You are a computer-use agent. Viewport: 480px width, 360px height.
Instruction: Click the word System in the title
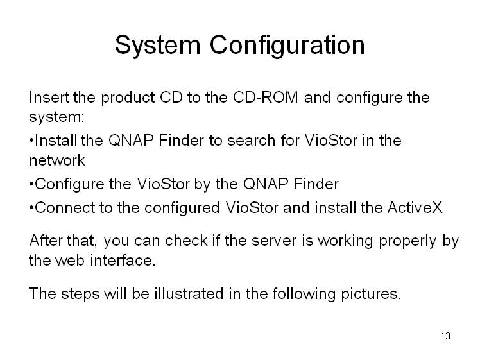(x=158, y=45)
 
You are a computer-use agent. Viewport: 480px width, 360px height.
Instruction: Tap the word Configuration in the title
(x=287, y=45)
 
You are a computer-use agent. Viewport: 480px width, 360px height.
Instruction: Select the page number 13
(x=445, y=336)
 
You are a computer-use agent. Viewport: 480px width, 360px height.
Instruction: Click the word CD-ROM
(x=266, y=98)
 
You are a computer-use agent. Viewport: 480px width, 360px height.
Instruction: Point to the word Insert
(x=49, y=98)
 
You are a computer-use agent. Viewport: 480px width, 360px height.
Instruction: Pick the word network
(x=57, y=160)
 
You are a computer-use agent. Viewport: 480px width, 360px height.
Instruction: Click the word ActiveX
(x=415, y=207)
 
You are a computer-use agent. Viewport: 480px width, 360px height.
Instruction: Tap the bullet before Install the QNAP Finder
(x=31, y=141)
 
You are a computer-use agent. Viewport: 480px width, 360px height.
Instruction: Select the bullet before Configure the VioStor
(x=31, y=184)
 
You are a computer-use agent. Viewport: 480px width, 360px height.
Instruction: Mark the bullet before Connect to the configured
(x=31, y=207)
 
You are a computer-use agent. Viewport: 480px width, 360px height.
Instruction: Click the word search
(x=252, y=141)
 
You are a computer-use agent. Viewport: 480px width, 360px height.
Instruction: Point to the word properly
(x=407, y=241)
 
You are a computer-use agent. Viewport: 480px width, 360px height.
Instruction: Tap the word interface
(x=123, y=261)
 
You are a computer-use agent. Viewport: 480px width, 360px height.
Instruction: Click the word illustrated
(x=189, y=293)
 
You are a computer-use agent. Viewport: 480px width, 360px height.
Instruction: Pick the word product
(x=128, y=98)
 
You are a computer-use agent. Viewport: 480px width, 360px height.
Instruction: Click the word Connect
(x=65, y=207)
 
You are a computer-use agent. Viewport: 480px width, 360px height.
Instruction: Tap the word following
(x=304, y=294)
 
